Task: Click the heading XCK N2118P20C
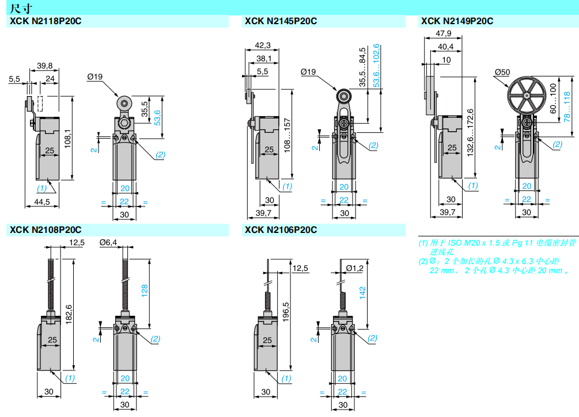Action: coord(45,21)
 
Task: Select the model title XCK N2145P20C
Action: coord(281,21)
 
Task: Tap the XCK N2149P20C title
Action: coord(457,21)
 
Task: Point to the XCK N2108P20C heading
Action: coord(45,230)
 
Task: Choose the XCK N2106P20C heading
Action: coord(281,230)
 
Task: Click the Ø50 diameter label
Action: coord(502,72)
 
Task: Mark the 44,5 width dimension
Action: coord(42,201)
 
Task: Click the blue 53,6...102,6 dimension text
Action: coord(376,66)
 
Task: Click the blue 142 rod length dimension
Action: coord(362,293)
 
